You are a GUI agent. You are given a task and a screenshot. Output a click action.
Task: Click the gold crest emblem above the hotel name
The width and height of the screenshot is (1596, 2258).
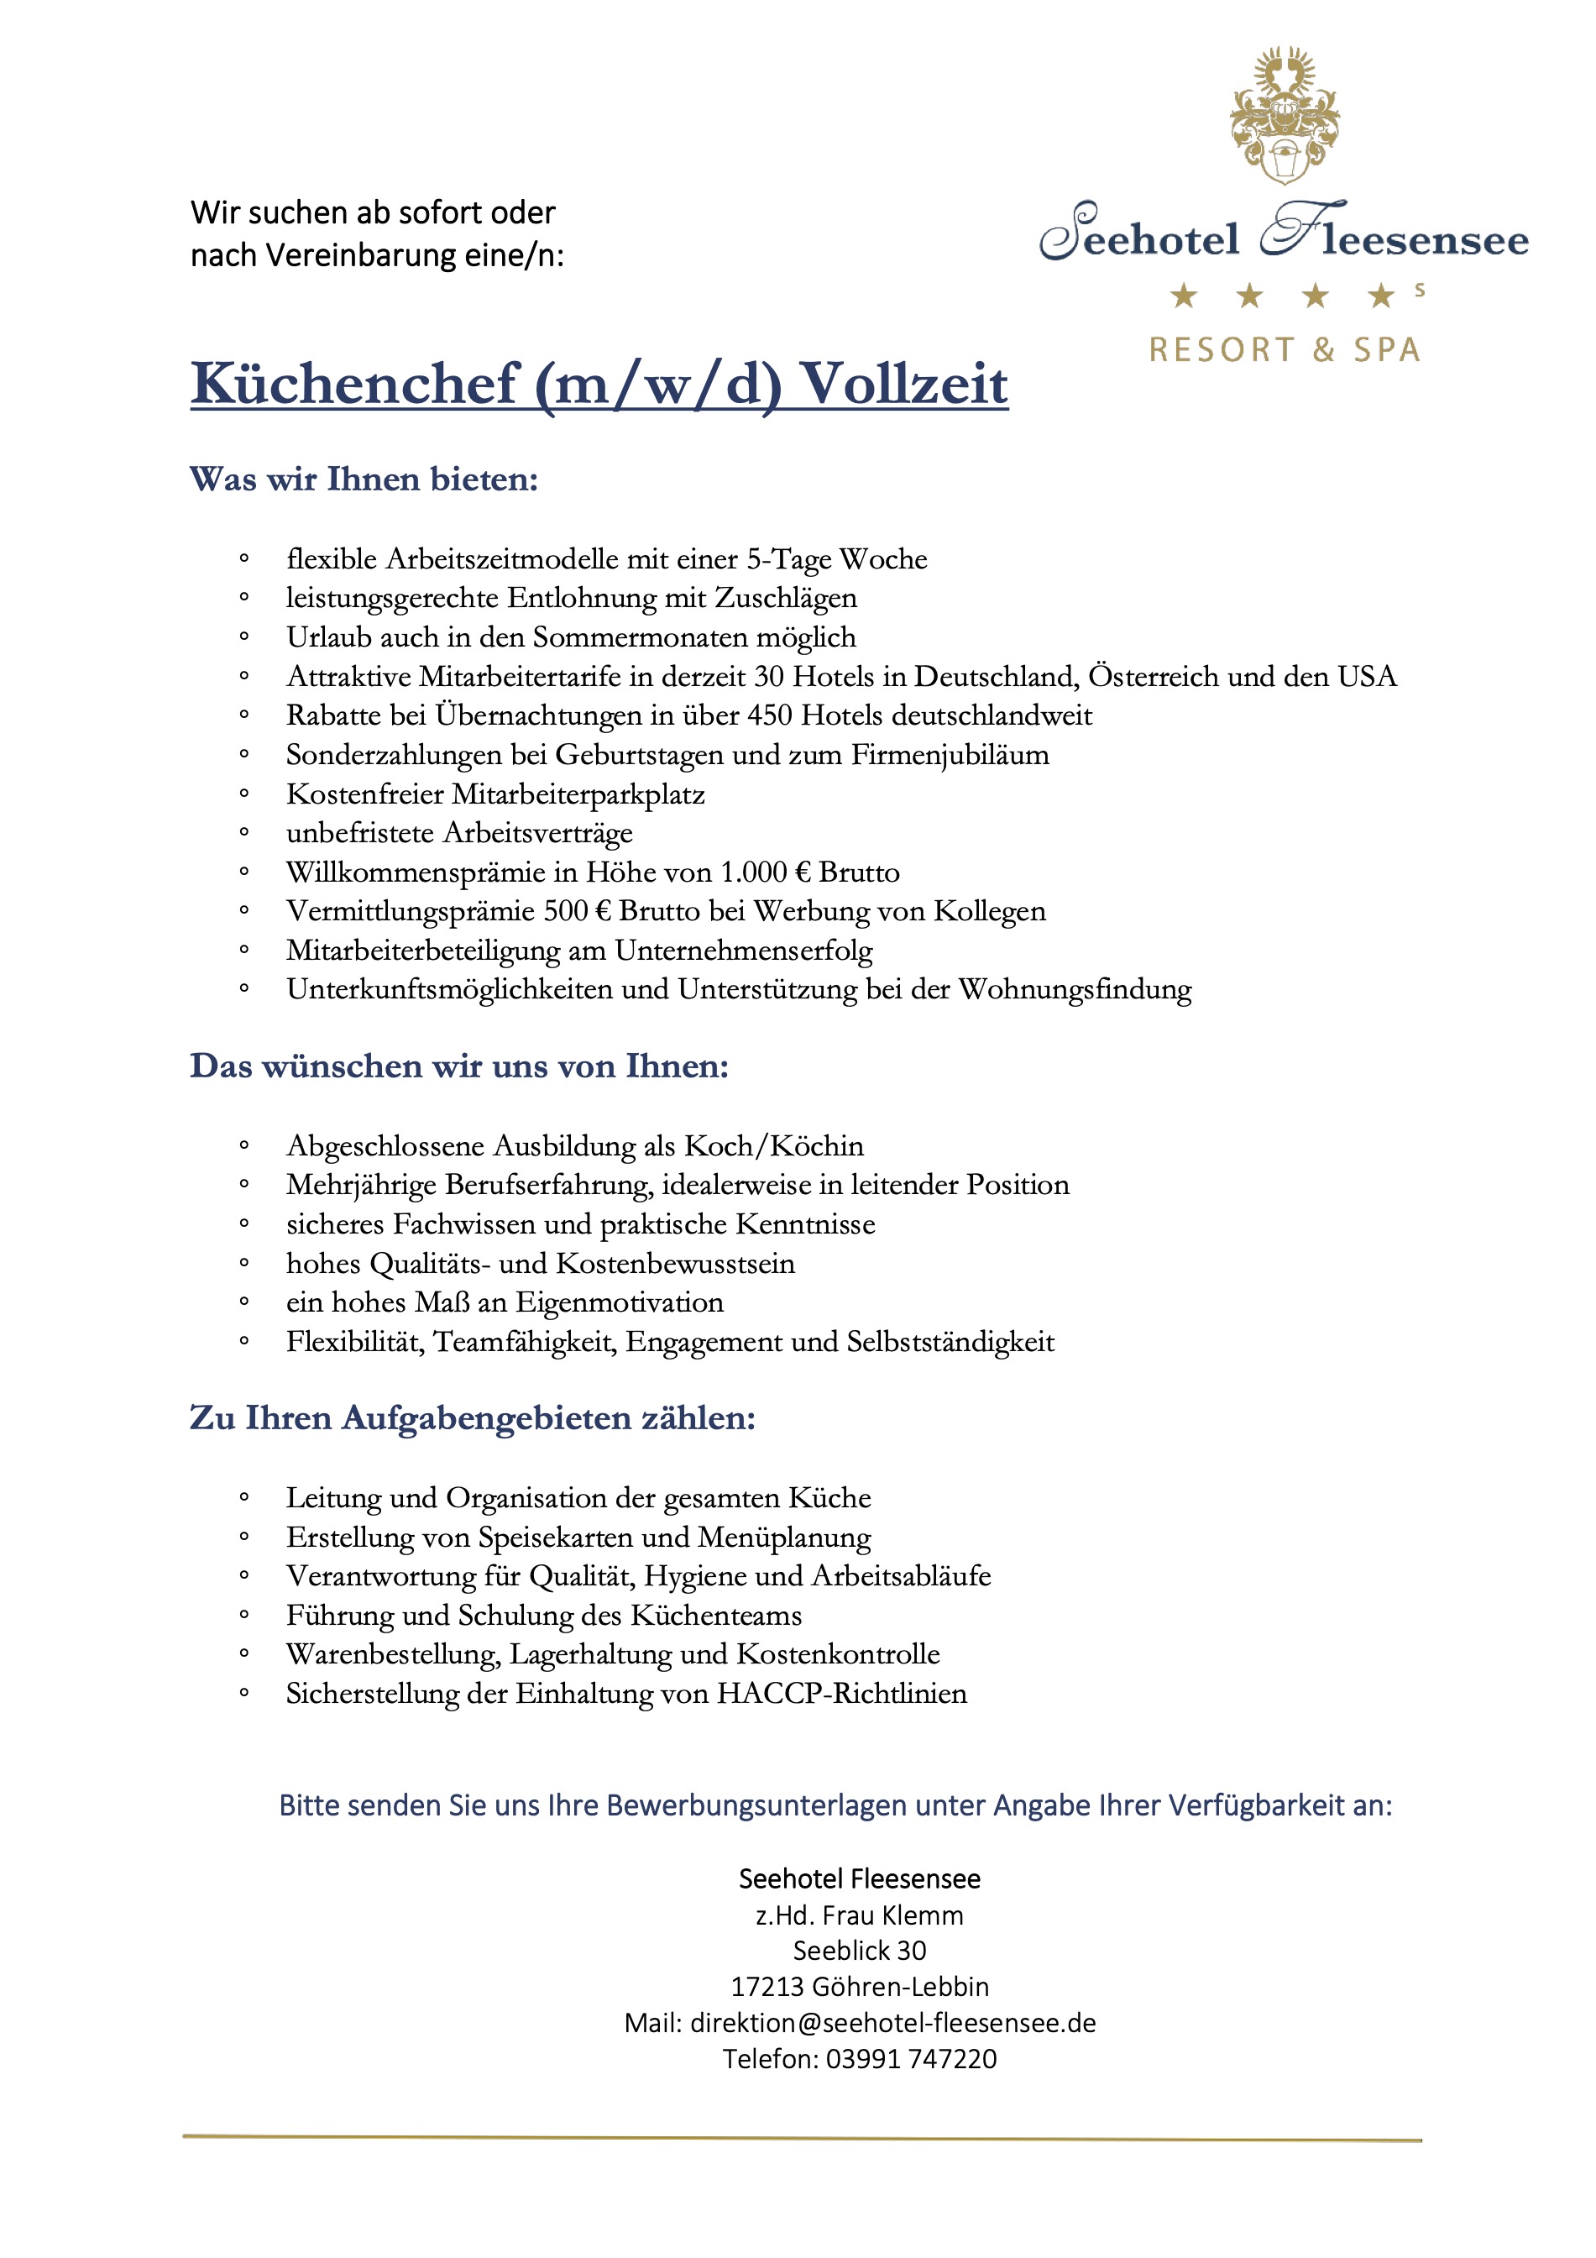point(1284,116)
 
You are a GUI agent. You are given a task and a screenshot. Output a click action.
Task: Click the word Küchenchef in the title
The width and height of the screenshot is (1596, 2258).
point(354,385)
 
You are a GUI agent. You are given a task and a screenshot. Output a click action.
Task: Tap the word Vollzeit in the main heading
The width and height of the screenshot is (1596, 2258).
point(903,385)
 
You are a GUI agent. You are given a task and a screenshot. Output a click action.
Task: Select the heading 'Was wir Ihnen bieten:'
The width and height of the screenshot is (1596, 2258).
point(364,480)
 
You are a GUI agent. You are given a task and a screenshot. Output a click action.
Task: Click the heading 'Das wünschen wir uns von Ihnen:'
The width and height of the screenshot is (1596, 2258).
point(459,1067)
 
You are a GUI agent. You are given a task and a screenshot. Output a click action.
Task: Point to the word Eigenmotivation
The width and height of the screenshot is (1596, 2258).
point(620,1303)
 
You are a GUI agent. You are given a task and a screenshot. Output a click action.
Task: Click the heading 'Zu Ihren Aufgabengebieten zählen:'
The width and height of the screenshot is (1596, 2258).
point(472,1419)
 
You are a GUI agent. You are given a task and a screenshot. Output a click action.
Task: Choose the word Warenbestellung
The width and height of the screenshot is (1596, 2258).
point(392,1654)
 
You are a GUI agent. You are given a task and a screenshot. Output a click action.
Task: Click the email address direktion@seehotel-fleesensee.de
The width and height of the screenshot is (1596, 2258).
point(893,2023)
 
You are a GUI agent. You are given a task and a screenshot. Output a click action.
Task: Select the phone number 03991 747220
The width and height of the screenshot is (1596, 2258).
point(911,2059)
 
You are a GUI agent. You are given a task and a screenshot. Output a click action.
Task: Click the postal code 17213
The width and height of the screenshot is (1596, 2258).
point(767,1988)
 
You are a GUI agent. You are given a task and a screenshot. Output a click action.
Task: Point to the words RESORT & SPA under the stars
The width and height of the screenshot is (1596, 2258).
point(1285,350)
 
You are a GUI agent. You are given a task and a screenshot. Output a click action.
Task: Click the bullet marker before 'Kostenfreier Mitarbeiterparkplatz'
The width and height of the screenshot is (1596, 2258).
point(243,794)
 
